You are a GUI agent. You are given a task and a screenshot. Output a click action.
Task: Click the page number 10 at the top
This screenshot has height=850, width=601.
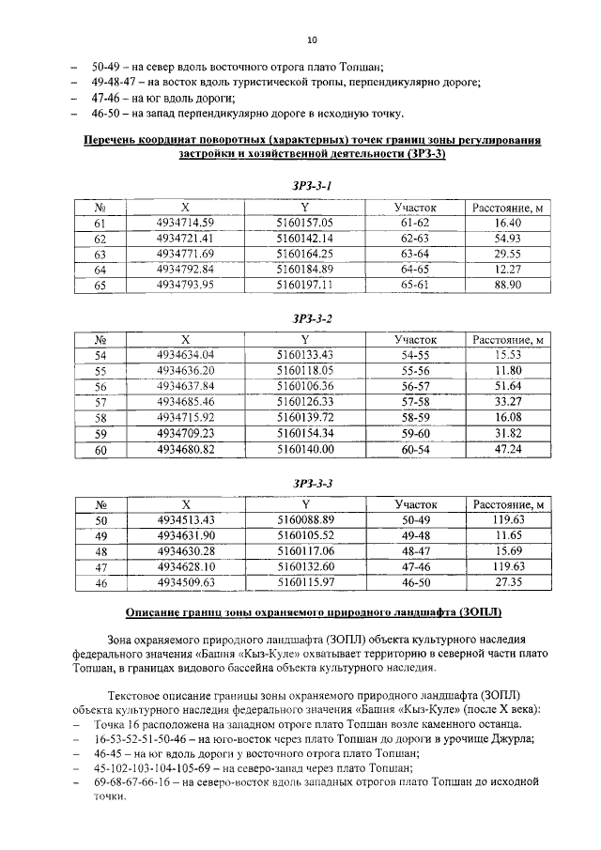[x=312, y=40]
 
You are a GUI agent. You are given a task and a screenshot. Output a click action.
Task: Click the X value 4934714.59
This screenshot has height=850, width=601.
[x=186, y=224]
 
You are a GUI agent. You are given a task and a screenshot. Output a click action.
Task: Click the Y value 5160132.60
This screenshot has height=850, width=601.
[x=305, y=567]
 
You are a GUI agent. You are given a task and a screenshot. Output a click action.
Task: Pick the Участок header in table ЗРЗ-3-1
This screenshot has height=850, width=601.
[x=415, y=208]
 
